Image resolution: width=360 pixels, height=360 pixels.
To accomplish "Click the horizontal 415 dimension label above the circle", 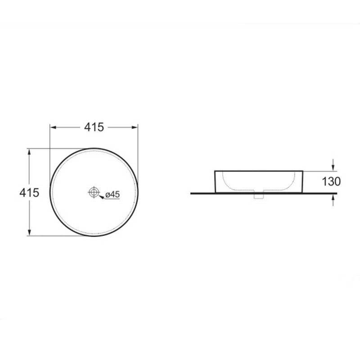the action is (94, 127).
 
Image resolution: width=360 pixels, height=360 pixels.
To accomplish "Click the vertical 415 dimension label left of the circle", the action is (29, 193).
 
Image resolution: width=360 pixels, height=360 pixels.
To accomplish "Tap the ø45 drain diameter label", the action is (112, 194).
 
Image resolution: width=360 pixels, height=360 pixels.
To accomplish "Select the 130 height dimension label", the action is (331, 182).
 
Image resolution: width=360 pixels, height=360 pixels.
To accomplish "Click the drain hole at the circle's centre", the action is (94, 192).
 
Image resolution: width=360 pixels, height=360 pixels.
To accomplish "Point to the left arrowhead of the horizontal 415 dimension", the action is (53, 127).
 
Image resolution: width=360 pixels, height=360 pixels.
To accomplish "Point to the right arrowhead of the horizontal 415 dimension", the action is (135, 127).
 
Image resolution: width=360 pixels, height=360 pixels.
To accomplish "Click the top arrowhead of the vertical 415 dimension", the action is (29, 152).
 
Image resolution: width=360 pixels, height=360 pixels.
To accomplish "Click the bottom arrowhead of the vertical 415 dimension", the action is (29, 232).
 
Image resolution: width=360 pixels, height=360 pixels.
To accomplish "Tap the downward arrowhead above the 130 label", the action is (333, 167).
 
